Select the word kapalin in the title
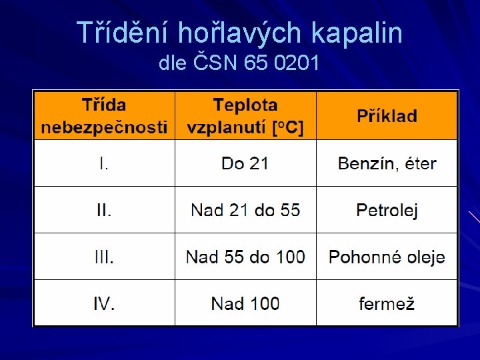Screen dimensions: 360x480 359,33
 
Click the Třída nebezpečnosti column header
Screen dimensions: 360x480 104,116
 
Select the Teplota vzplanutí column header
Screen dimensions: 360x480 245,116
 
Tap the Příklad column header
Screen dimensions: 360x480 387,116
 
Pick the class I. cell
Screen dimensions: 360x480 104,163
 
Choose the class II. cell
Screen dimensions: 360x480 104,210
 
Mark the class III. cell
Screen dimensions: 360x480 104,257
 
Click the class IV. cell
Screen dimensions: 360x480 104,303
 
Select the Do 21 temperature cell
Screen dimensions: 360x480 245,163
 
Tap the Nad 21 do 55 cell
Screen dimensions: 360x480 245,210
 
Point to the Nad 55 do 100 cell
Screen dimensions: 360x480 245,257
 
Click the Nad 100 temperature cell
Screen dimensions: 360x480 245,303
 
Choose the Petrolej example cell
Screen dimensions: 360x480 387,211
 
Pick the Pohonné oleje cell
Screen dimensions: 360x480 387,257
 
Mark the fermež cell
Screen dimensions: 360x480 387,304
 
